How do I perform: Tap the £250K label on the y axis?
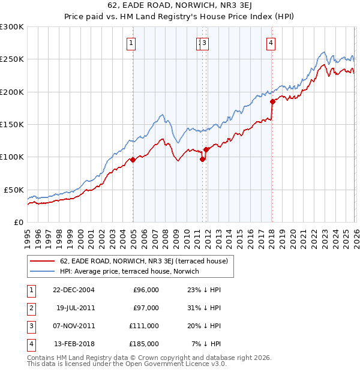12,59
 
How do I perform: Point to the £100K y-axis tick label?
12,157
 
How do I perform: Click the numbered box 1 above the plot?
131,43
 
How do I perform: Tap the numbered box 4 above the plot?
271,43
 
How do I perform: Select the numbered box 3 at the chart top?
205,43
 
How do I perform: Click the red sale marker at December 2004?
133,160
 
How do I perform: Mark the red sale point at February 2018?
272,102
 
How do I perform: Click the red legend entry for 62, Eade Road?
144,261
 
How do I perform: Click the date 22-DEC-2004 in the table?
74,290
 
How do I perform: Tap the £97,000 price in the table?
145,308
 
